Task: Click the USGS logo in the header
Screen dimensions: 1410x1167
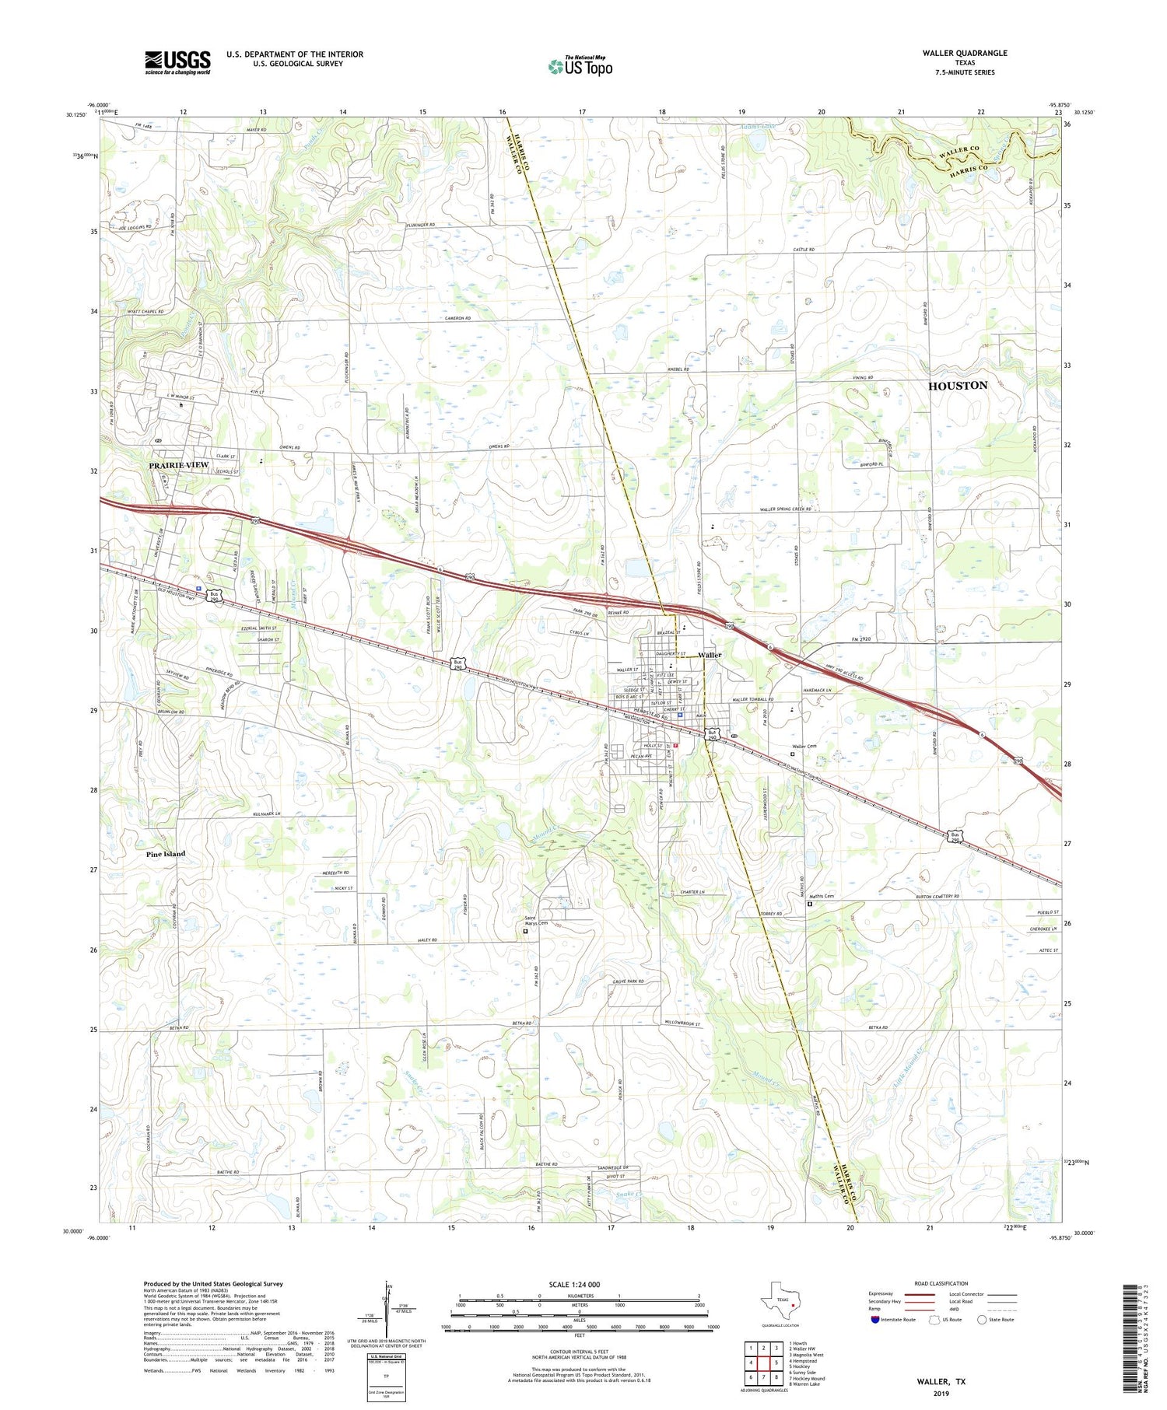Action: [x=177, y=62]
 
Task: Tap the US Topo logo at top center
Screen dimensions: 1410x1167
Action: [x=580, y=67]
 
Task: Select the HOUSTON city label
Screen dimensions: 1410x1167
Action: [x=957, y=386]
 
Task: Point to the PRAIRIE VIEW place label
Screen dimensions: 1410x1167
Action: [x=179, y=465]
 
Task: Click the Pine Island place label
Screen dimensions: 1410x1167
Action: [x=166, y=854]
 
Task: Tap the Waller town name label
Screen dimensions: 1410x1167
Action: [x=710, y=655]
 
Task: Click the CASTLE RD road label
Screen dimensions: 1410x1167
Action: [x=803, y=250]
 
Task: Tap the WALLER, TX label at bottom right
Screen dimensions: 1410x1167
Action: [x=943, y=1382]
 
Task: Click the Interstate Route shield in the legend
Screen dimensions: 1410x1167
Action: [x=876, y=1320]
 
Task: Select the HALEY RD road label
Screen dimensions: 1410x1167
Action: [x=427, y=940]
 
